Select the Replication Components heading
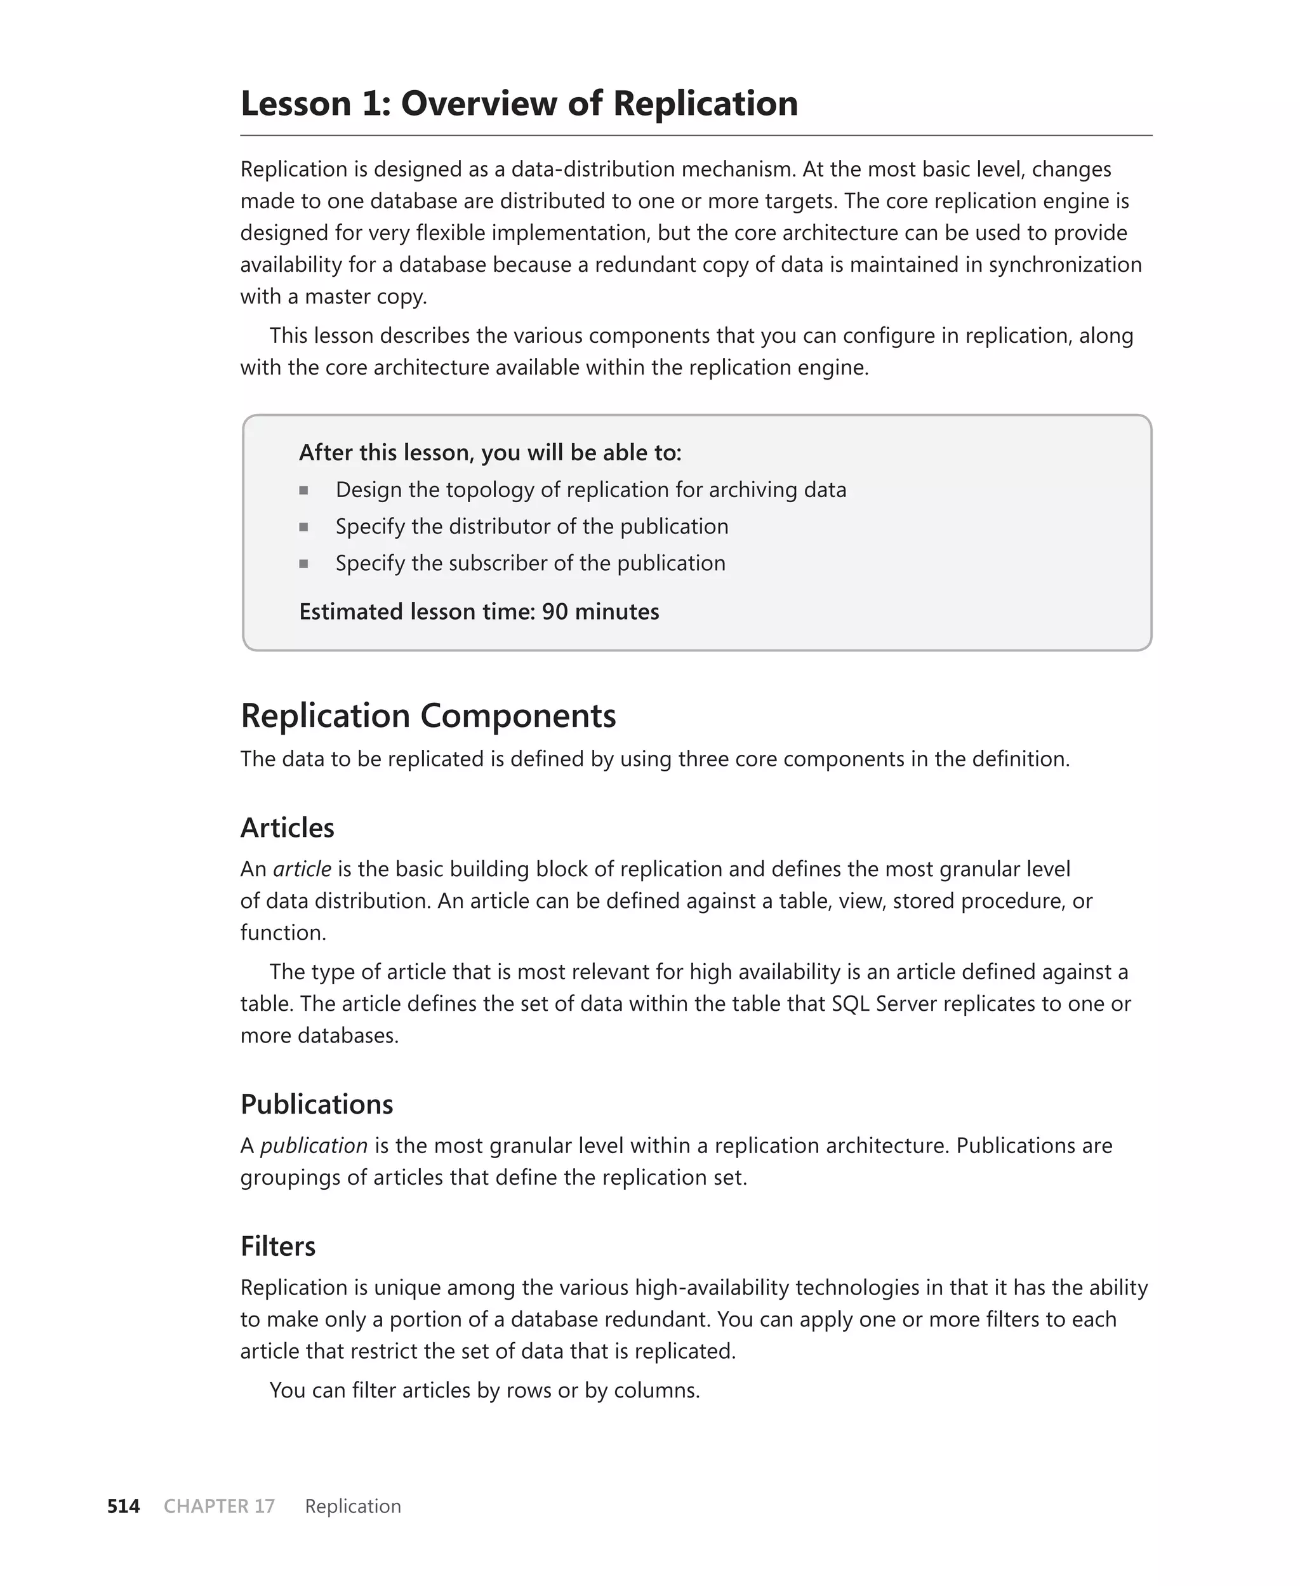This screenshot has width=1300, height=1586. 428,716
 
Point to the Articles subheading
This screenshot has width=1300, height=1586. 287,827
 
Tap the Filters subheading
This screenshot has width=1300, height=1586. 278,1246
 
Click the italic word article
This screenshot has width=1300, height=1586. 302,869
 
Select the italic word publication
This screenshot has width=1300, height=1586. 314,1146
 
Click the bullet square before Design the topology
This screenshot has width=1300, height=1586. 303,491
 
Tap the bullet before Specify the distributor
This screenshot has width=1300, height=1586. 303,527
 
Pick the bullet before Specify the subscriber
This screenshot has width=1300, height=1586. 303,564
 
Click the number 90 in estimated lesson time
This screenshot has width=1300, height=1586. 555,612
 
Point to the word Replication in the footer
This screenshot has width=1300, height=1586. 353,1506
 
